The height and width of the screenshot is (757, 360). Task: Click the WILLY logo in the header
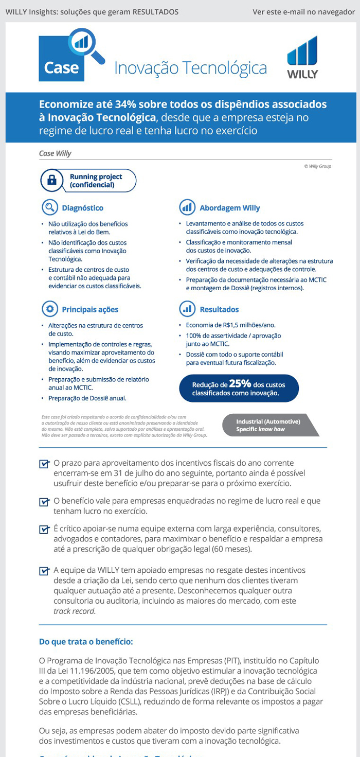click(302, 57)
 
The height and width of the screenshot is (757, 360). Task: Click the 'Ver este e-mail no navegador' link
click(303, 12)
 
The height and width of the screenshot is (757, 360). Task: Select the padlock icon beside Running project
click(51, 180)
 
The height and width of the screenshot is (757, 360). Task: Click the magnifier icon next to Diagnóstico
click(49, 207)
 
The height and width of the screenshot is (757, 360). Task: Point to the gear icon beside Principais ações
click(49, 309)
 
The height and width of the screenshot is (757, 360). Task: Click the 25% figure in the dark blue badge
click(240, 383)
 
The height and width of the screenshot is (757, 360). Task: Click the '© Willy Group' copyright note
click(317, 166)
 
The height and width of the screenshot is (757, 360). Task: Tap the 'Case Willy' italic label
click(55, 153)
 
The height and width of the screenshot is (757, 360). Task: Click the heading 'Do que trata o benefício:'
click(86, 642)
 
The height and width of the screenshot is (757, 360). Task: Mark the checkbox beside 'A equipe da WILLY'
click(44, 571)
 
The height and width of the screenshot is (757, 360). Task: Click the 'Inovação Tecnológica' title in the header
click(190, 68)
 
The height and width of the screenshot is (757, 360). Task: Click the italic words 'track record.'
click(75, 611)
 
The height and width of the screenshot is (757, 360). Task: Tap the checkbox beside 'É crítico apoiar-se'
click(44, 529)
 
